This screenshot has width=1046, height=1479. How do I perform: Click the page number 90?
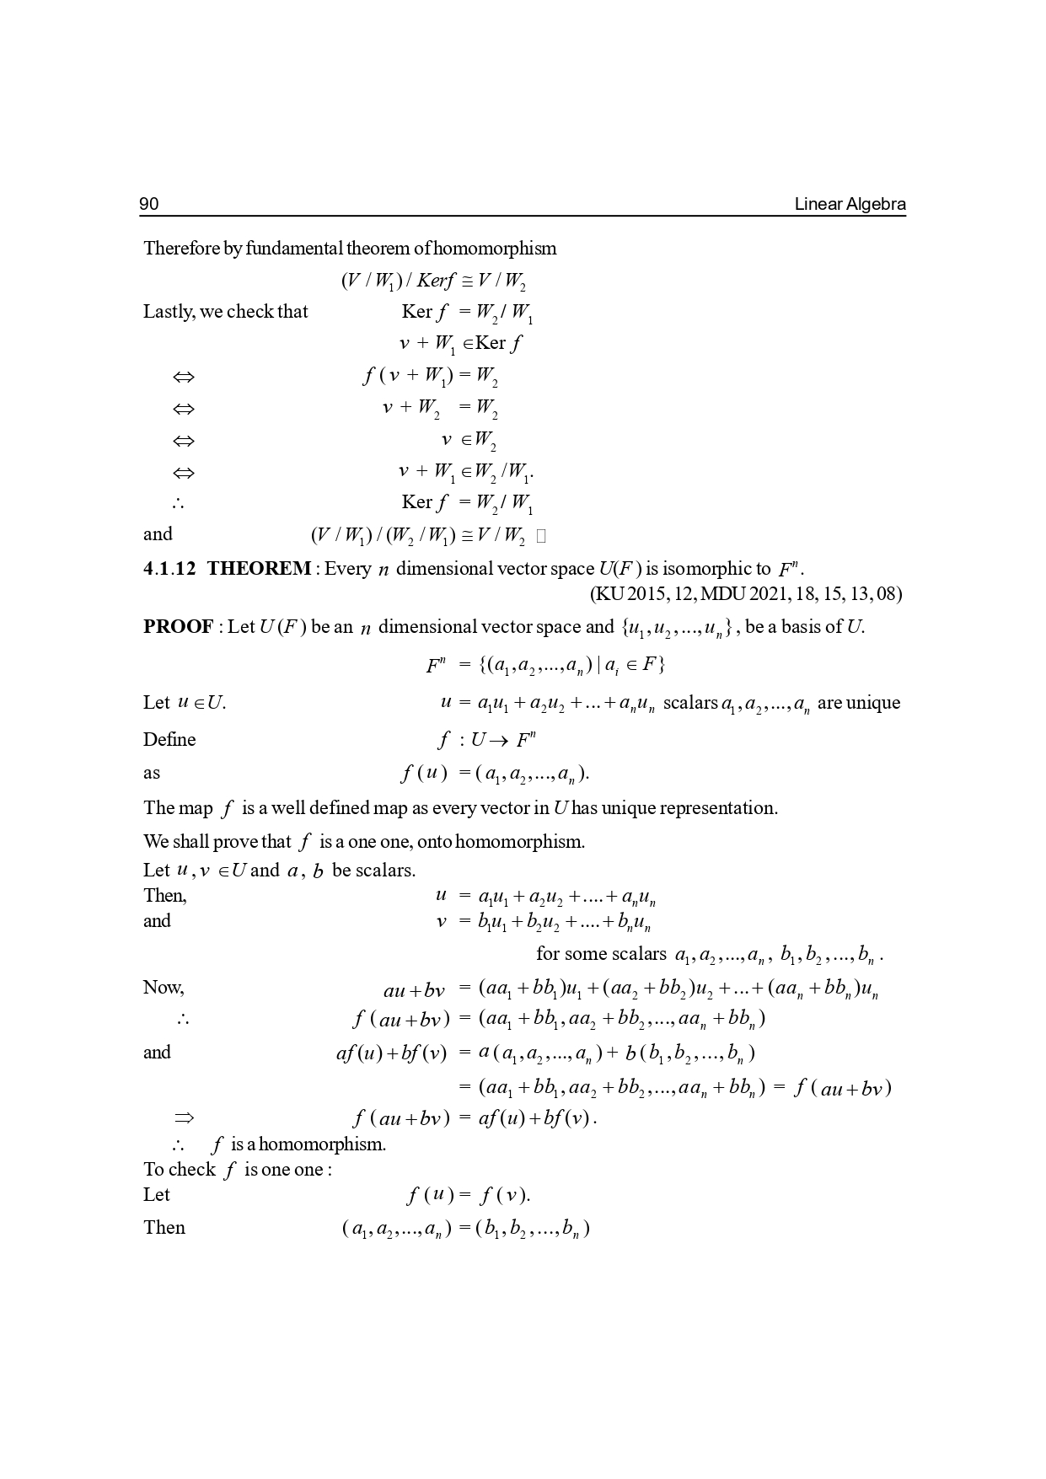pyautogui.click(x=149, y=204)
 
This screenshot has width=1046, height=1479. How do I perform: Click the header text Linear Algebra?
pyautogui.click(x=850, y=204)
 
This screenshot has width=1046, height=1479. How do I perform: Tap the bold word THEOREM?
pyautogui.click(x=259, y=568)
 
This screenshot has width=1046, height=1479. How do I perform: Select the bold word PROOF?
pyautogui.click(x=178, y=627)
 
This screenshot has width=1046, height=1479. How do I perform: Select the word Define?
pyautogui.click(x=169, y=740)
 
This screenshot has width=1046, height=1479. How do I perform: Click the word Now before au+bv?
pyautogui.click(x=163, y=988)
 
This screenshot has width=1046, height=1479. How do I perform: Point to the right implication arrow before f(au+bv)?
pyautogui.click(x=183, y=1118)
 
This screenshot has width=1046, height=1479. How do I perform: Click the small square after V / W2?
pyautogui.click(x=541, y=536)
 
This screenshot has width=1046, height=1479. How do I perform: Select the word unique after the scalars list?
pyautogui.click(x=874, y=703)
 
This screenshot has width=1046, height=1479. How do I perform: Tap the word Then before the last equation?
pyautogui.click(x=164, y=1228)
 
